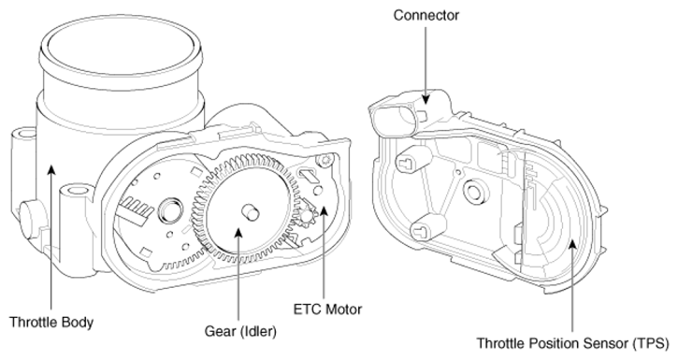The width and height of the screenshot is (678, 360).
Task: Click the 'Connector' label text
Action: [426, 15]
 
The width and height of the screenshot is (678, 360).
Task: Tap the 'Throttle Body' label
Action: [51, 323]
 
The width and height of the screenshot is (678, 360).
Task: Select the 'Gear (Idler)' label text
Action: [240, 331]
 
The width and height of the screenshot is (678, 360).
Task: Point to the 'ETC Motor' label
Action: [327, 310]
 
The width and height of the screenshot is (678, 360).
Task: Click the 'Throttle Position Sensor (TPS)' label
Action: [572, 343]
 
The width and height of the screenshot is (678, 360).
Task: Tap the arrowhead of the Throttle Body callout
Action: [51, 170]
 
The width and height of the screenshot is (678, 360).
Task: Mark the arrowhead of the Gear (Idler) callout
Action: [238, 233]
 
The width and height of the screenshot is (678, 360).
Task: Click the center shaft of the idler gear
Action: [250, 211]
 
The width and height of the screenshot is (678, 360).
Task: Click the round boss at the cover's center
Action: [474, 190]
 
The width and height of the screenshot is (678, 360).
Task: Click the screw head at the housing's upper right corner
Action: [325, 160]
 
